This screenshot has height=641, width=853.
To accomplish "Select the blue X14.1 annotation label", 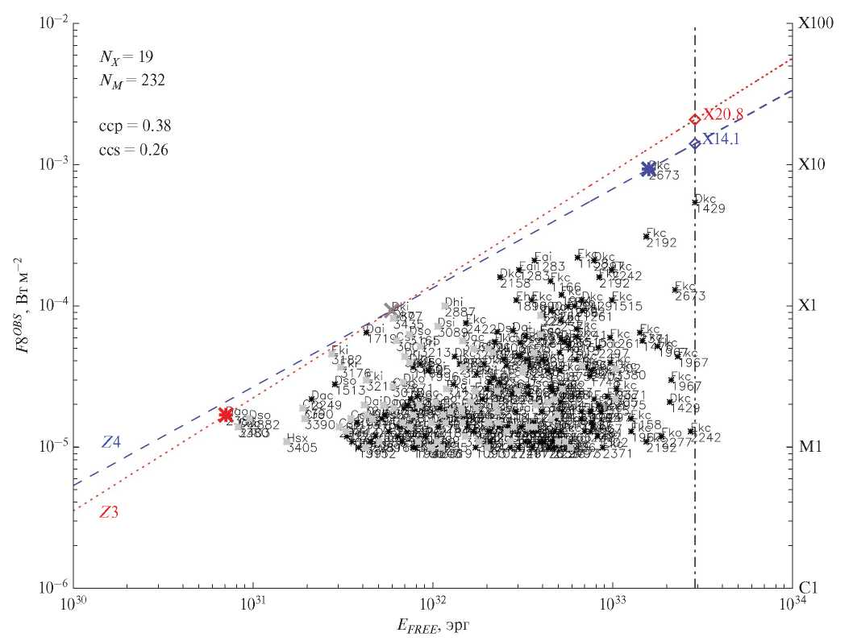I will [x=721, y=139].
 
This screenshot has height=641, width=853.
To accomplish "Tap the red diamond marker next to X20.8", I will [x=695, y=120].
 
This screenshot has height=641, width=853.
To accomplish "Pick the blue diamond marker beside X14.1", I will [x=695, y=144].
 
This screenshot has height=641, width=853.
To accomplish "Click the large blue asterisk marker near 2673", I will [x=648, y=169].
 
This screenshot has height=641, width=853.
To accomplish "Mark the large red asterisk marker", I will [x=226, y=415].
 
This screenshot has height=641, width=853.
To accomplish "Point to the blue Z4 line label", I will [x=111, y=442].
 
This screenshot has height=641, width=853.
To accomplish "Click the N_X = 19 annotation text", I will [x=127, y=56].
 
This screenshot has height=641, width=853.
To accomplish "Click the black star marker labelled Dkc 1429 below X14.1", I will [x=695, y=202].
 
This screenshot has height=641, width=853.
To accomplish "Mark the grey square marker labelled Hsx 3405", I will [x=287, y=441].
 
